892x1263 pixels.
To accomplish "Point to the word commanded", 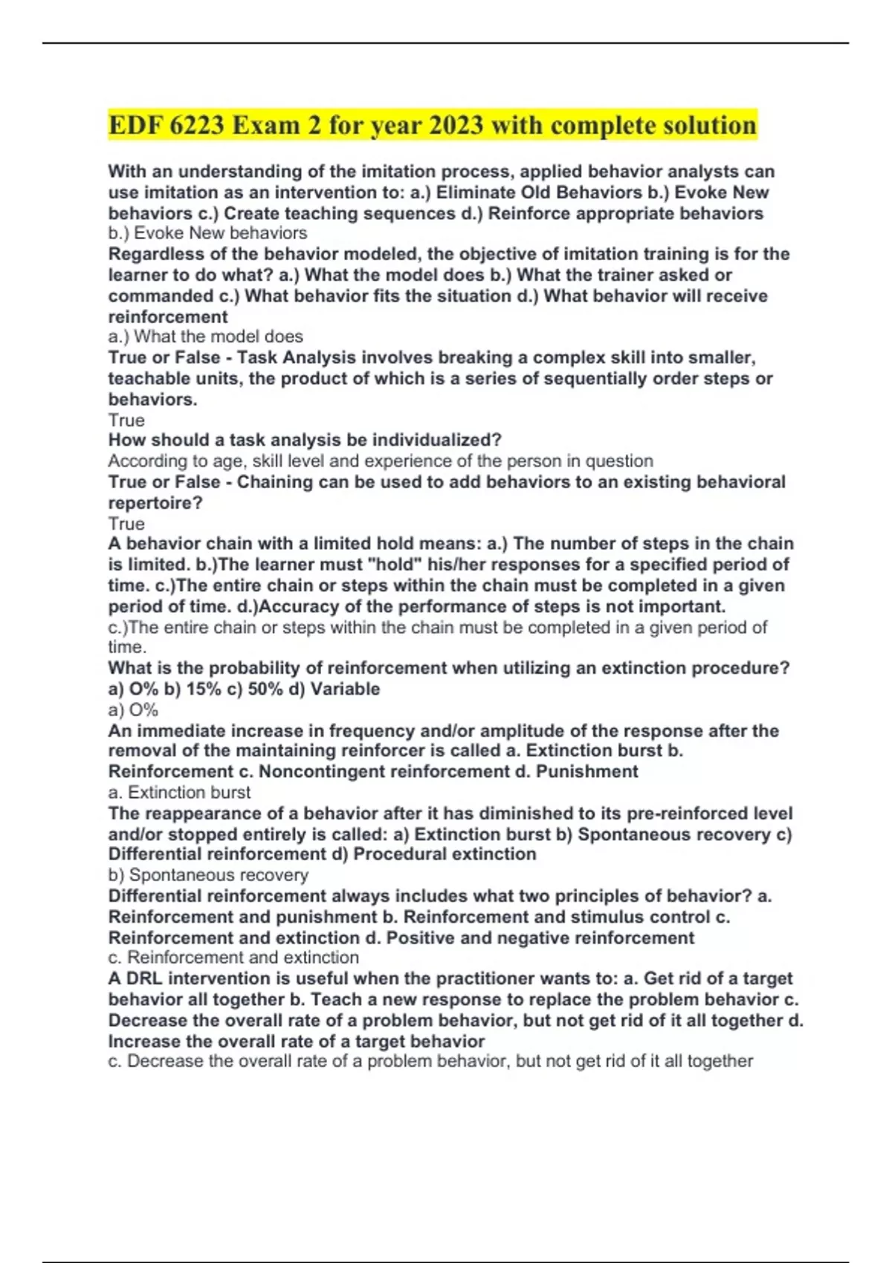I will (x=161, y=296).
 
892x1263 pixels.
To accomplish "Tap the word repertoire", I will (x=155, y=503).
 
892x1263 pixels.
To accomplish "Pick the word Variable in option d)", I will (x=345, y=689).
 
